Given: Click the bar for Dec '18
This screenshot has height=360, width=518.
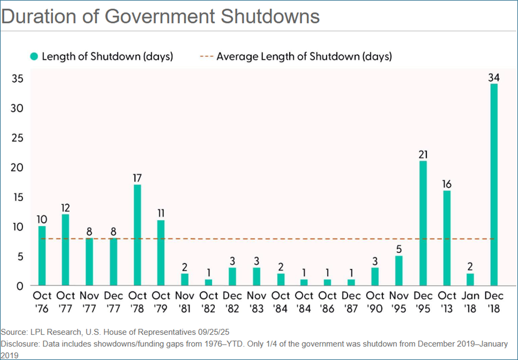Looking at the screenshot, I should pyautogui.click(x=493, y=185).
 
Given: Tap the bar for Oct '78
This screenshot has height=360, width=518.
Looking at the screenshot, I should pyautogui.click(x=137, y=235).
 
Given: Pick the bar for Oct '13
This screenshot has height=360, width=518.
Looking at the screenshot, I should pyautogui.click(x=447, y=238).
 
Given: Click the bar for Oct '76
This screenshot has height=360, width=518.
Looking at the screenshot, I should pyautogui.click(x=42, y=256).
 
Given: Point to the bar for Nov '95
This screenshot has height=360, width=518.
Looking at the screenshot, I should pyautogui.click(x=399, y=271).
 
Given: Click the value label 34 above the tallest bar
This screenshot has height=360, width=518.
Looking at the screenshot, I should pyautogui.click(x=493, y=77).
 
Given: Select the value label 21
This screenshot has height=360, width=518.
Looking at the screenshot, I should pyautogui.click(x=423, y=154).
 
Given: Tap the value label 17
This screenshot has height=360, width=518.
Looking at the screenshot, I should pyautogui.click(x=137, y=178).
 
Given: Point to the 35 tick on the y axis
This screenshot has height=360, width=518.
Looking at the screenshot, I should pyautogui.click(x=19, y=78).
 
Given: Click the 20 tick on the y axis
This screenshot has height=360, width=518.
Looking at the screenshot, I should pyautogui.click(x=19, y=167).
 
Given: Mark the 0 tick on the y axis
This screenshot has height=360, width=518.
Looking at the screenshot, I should pyautogui.click(x=20, y=286).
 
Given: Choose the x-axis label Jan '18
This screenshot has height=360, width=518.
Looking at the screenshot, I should pyautogui.click(x=470, y=302).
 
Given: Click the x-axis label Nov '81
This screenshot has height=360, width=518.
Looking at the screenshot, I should pyautogui.click(x=185, y=302).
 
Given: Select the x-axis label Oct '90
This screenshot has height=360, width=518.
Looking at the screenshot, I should pyautogui.click(x=375, y=302).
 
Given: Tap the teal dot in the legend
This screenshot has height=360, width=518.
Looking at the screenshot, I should pyautogui.click(x=34, y=56).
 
